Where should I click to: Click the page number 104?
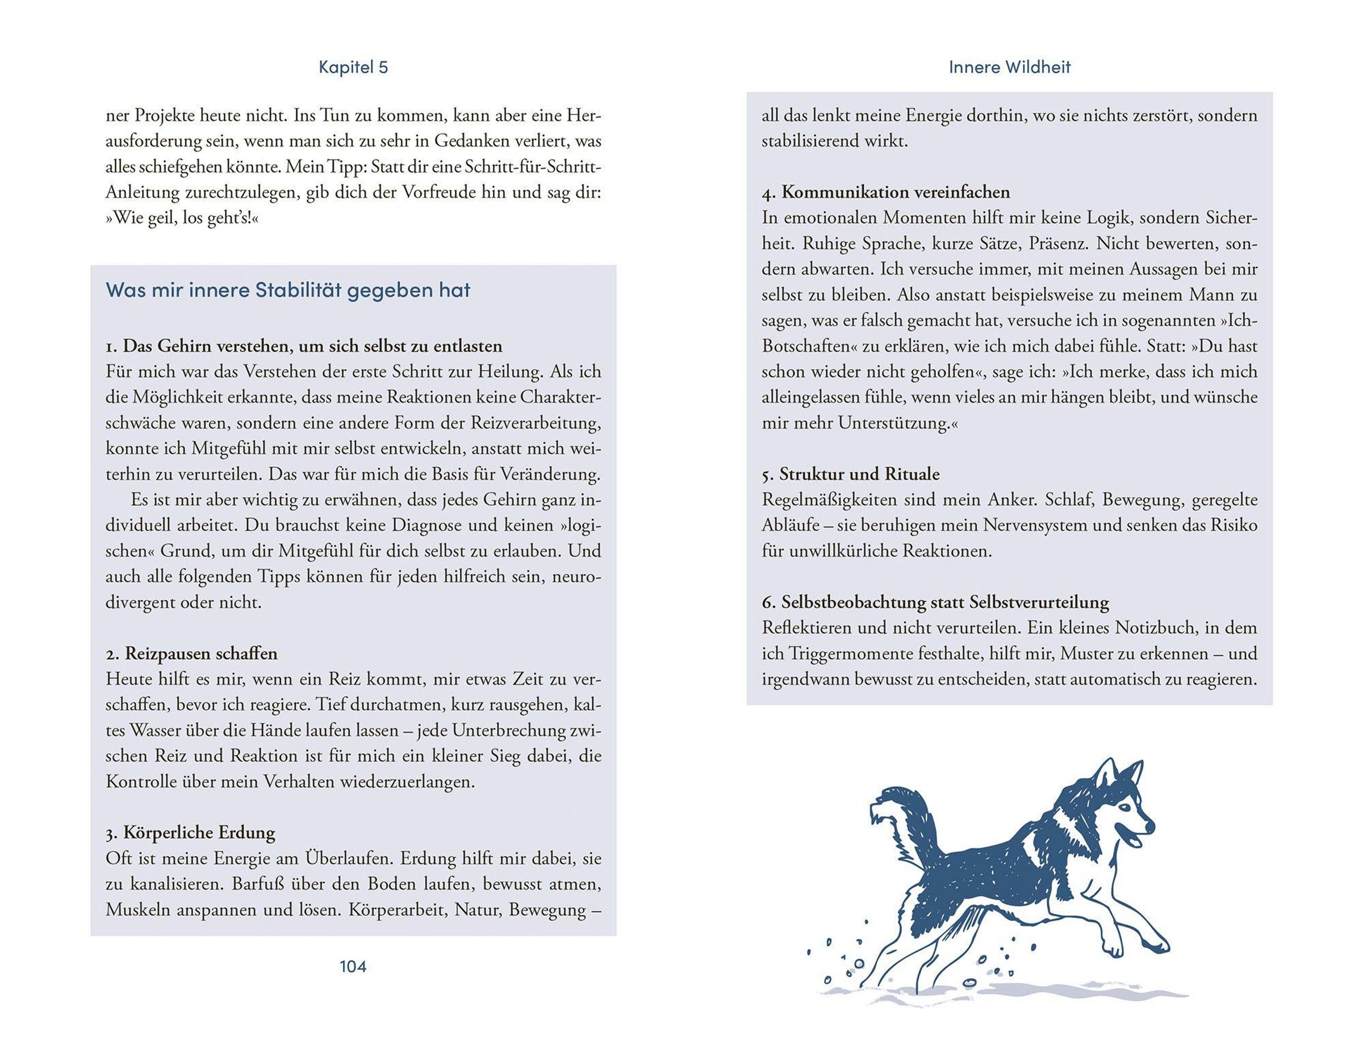coord(353,966)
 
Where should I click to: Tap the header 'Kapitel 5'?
coord(353,68)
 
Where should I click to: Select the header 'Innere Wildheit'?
coord(1009,68)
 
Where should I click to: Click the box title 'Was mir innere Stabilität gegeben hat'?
coord(288,290)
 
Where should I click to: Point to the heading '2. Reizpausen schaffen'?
coord(191,653)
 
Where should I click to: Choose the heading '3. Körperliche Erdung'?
coord(190,832)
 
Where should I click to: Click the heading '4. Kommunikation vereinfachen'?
coord(885,192)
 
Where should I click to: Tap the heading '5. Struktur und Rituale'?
coord(851,474)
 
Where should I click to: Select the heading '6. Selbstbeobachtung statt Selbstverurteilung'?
coord(935,602)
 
